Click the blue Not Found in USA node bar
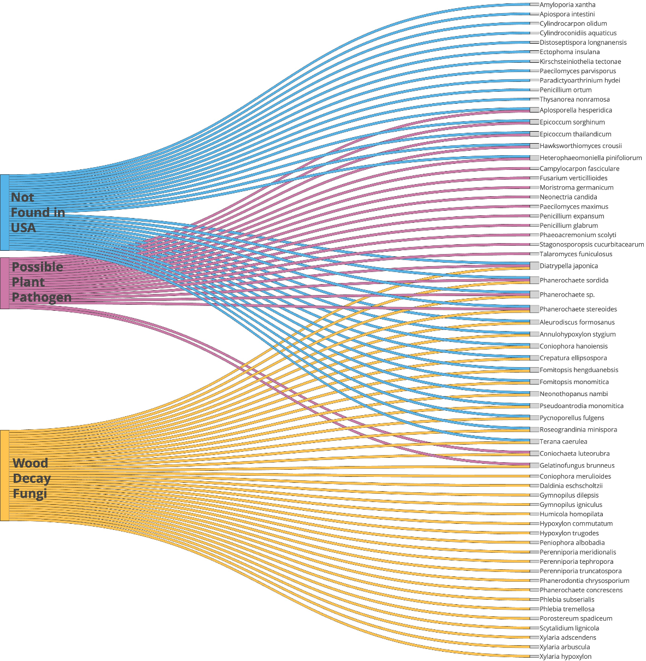click(x=4, y=212)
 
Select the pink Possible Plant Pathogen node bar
click(x=4, y=283)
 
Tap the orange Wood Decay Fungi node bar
click(x=4, y=475)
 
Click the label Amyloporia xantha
click(x=567, y=5)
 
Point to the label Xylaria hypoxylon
click(x=565, y=657)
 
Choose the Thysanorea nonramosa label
click(x=574, y=99)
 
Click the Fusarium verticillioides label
click(x=573, y=178)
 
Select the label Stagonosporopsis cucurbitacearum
click(x=592, y=245)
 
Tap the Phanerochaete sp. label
click(x=567, y=295)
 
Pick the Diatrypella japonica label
click(x=568, y=266)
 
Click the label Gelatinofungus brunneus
click(x=577, y=465)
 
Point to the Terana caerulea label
click(x=563, y=441)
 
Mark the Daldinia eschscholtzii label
click(x=571, y=486)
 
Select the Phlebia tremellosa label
click(x=567, y=609)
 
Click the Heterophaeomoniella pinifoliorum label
click(x=591, y=158)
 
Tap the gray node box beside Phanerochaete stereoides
click(x=534, y=309)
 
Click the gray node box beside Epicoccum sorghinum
click(x=534, y=122)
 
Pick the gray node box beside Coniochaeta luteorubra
click(x=534, y=453)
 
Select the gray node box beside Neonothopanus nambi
click(x=534, y=394)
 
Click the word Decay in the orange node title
click(x=32, y=479)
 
